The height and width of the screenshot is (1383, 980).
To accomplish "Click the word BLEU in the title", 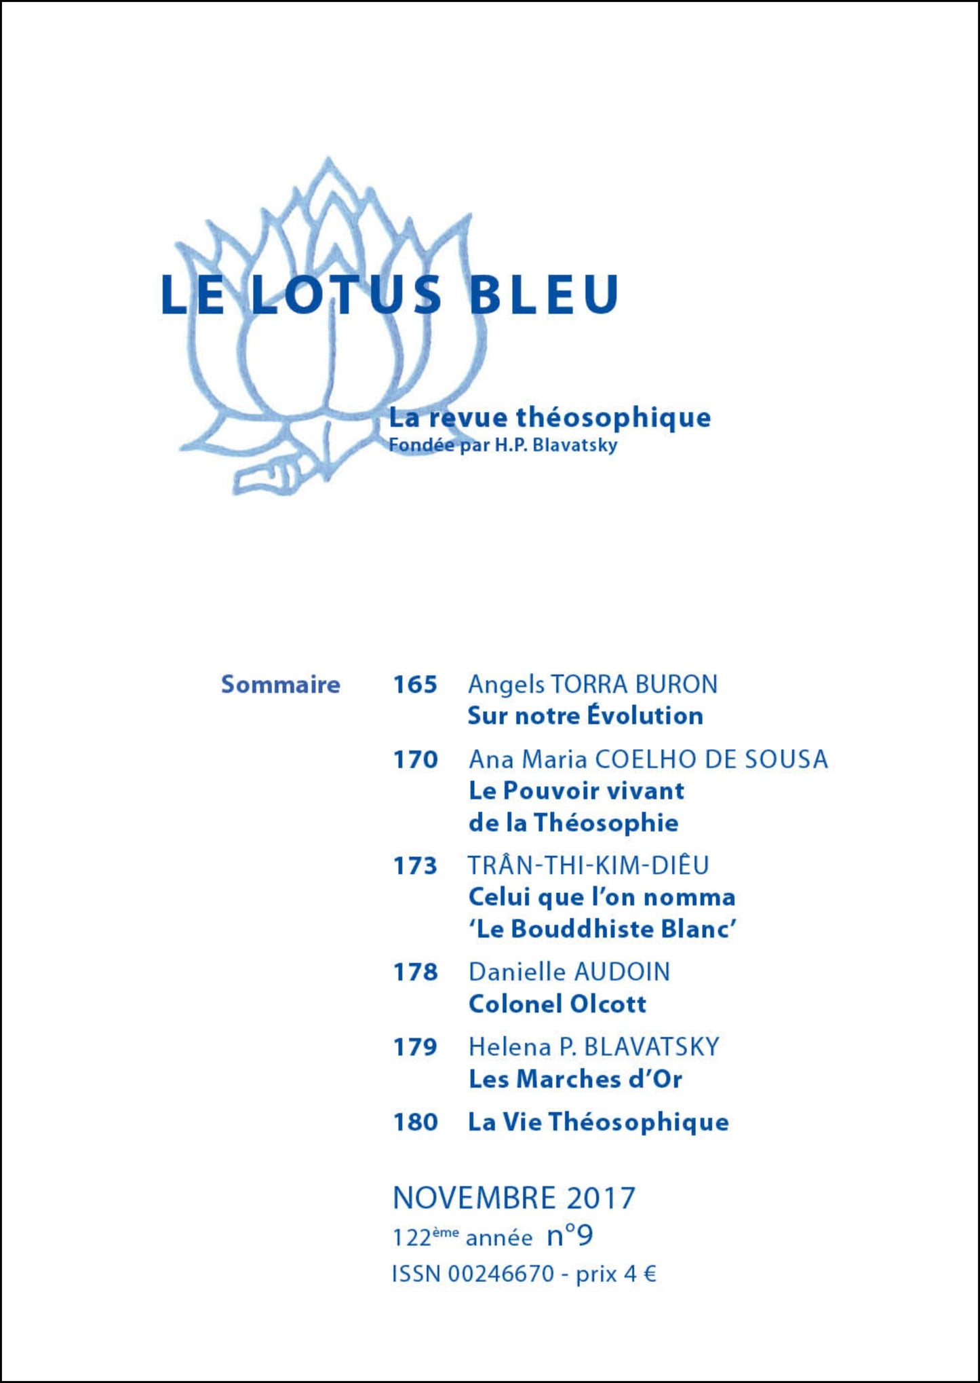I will (544, 295).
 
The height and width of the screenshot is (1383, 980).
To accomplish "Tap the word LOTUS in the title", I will (347, 295).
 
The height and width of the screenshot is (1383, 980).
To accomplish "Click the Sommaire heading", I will (280, 684).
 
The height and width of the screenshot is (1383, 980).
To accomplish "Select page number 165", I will (415, 684).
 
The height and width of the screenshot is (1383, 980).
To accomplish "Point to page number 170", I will (415, 759).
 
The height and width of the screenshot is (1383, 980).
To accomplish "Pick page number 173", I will (415, 866).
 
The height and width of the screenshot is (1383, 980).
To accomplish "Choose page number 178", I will (415, 972).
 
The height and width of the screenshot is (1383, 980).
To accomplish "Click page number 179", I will (415, 1047).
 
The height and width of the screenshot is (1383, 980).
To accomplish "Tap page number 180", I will (415, 1122).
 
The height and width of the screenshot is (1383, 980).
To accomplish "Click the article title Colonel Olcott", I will (557, 1004).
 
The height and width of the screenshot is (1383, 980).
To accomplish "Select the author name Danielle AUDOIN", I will (569, 972).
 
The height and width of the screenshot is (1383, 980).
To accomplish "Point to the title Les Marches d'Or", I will (575, 1079).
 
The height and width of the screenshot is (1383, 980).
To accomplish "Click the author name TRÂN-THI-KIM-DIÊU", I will (589, 866).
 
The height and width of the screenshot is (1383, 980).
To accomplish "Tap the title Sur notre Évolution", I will (585, 715).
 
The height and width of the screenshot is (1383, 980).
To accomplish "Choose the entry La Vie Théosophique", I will (598, 1122).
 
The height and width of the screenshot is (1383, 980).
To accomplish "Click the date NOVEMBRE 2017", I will (514, 1198).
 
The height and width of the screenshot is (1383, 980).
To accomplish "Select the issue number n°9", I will (570, 1236).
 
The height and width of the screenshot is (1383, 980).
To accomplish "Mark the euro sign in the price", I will (649, 1274).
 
